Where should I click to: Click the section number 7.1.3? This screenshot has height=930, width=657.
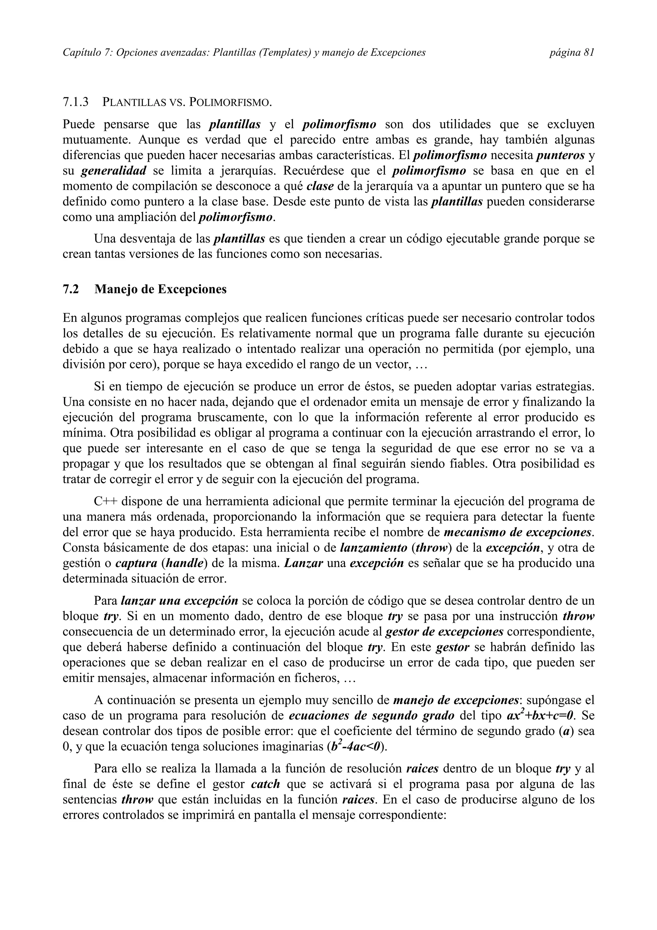[x=76, y=102]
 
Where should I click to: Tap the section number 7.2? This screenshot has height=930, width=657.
[x=71, y=289]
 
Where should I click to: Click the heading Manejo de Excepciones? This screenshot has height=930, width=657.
[x=160, y=289]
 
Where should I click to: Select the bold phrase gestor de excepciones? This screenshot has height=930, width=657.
[x=444, y=632]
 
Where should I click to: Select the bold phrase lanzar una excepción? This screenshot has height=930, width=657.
[x=179, y=601]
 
